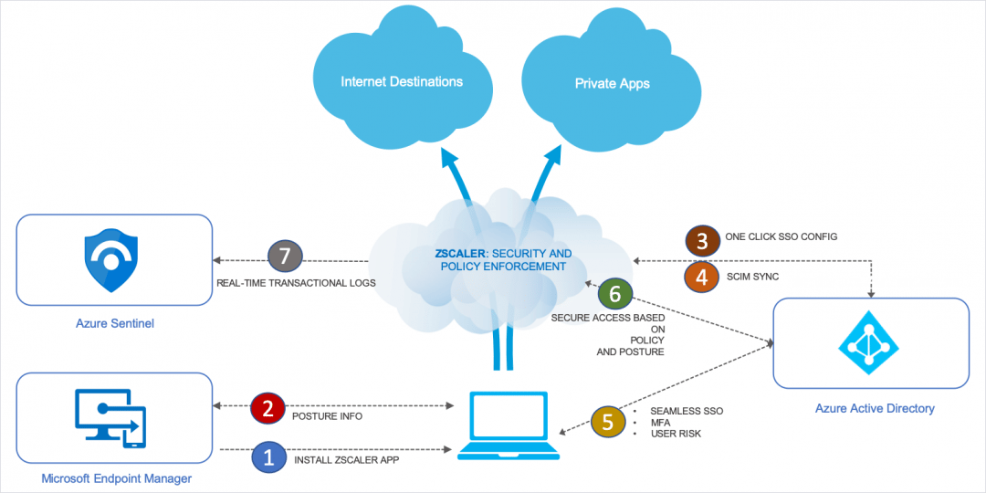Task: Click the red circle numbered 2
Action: pos(267,408)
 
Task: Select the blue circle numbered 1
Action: pos(268,457)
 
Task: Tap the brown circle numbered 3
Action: pos(702,239)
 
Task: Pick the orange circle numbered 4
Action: pos(702,278)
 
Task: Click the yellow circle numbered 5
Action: pos(607,422)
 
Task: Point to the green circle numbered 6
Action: pos(615,293)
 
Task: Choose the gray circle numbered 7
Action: pos(285,257)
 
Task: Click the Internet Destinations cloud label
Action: pos(402,82)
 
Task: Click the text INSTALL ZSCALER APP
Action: pos(346,461)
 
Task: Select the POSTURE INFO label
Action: pos(327,416)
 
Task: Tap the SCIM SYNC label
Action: pos(754,275)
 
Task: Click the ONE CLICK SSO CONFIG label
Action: pos(781,236)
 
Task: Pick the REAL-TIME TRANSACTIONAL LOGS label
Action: pos(296,283)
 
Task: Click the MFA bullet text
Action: pos(659,423)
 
